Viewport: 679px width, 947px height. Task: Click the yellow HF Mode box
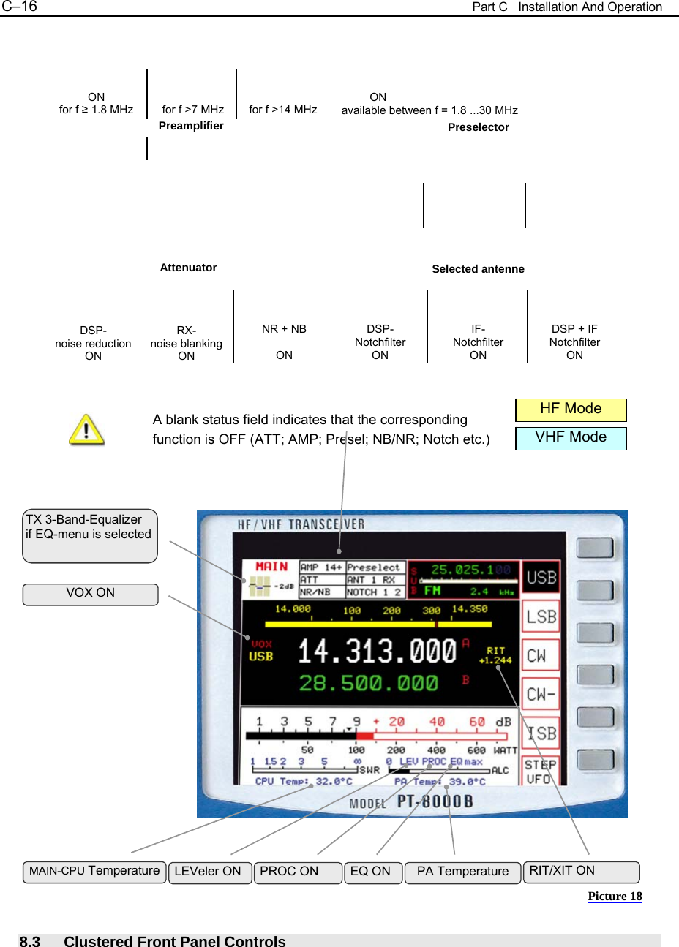[x=571, y=410]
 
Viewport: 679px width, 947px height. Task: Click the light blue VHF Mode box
[x=571, y=438]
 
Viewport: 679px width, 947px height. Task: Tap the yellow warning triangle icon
[x=86, y=429]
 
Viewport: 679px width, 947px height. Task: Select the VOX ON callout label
[x=90, y=594]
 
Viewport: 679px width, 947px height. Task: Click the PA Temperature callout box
[x=462, y=872]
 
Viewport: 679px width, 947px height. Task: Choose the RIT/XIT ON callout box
[x=581, y=872]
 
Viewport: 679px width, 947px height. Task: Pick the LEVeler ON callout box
[x=209, y=872]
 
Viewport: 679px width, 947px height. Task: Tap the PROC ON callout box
[x=298, y=872]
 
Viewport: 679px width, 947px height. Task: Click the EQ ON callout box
[x=372, y=872]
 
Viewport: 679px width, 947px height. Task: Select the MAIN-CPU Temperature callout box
[x=94, y=872]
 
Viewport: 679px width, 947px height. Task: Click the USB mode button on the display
[x=541, y=578]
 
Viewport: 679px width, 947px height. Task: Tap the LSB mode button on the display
[x=541, y=617]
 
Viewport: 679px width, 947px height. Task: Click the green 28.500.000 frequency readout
[x=368, y=684]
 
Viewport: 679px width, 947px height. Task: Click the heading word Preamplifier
[x=191, y=126]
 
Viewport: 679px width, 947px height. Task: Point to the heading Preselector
[x=478, y=127]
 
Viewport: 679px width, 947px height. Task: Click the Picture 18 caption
[x=615, y=897]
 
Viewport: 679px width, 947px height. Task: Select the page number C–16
[x=20, y=7]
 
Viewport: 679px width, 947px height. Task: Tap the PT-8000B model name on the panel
[x=435, y=801]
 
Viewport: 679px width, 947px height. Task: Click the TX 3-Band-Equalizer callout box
[x=90, y=535]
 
